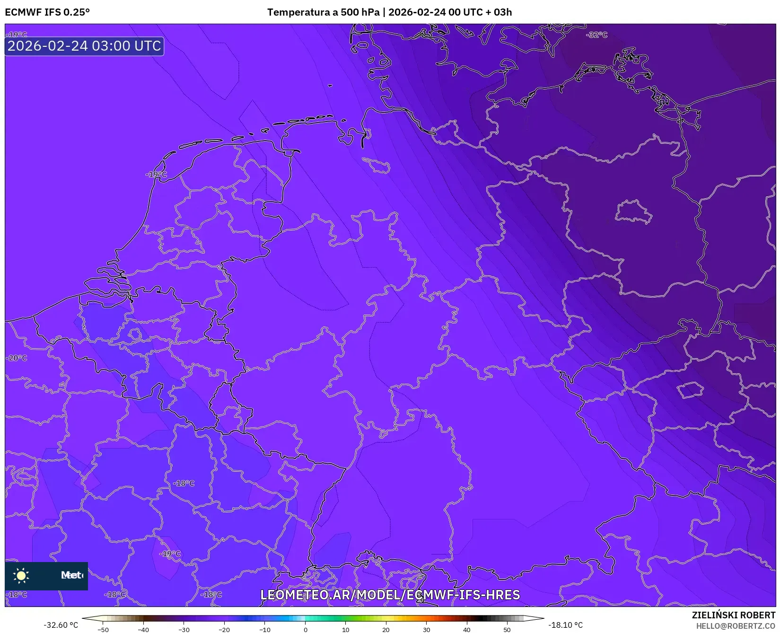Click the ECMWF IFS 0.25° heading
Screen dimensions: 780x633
click(47, 12)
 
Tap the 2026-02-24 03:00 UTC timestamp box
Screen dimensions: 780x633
click(84, 46)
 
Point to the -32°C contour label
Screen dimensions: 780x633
click(596, 35)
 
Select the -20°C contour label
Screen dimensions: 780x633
click(17, 358)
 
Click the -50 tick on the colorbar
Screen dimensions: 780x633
click(103, 630)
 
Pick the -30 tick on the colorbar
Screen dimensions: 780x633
click(184, 630)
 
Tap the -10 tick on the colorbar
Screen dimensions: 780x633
click(264, 630)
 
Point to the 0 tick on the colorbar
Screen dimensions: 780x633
click(305, 630)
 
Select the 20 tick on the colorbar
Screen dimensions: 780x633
click(386, 630)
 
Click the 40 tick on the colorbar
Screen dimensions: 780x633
click(467, 630)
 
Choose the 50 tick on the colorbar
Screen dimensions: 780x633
click(507, 630)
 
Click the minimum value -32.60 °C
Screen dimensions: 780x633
click(61, 625)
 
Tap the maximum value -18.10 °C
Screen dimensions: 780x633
click(565, 625)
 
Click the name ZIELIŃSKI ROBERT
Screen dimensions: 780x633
click(734, 615)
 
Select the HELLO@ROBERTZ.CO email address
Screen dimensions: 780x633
click(736, 626)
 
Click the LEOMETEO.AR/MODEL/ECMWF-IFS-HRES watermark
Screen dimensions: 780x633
click(390, 595)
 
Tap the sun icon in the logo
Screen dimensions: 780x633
click(21, 575)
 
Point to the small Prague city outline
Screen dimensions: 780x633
click(691, 390)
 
